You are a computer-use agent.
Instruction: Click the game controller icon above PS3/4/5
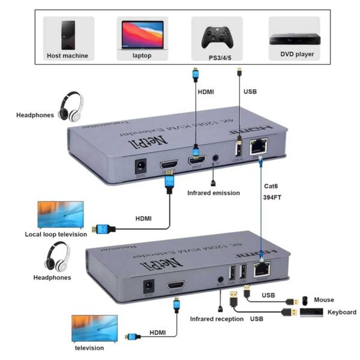pyautogui.click(x=217, y=37)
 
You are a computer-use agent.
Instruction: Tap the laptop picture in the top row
pyautogui.click(x=142, y=34)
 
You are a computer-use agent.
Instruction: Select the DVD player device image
pyautogui.click(x=293, y=37)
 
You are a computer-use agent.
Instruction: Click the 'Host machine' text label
pyautogui.click(x=67, y=56)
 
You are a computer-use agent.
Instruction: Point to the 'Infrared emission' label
pyautogui.click(x=213, y=193)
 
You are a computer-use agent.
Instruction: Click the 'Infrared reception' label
pyautogui.click(x=217, y=319)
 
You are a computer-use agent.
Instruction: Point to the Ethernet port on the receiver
pyautogui.click(x=262, y=270)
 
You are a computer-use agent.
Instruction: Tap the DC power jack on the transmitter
pyautogui.click(x=142, y=165)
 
